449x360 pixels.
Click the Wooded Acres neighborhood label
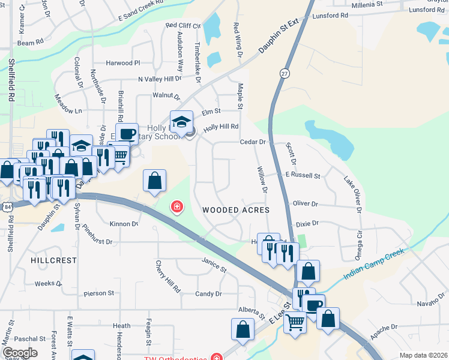coord(235,210)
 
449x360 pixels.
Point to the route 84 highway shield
coord(6,206)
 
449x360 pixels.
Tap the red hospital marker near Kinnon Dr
coord(177,208)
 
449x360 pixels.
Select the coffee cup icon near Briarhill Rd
coord(127,133)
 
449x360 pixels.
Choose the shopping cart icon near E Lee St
coord(295,321)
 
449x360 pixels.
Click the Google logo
coord(20,353)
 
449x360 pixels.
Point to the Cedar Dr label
coord(253,142)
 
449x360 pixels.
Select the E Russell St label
coord(303,176)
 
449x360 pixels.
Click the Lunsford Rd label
coord(429,10)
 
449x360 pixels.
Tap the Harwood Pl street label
coord(122,63)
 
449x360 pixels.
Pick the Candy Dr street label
coord(208,294)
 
